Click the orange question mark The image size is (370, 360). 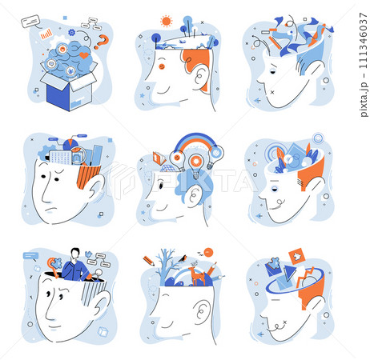103,42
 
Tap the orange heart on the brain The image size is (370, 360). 84,55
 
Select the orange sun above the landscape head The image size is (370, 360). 166,21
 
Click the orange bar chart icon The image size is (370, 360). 46,34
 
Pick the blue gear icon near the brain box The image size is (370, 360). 71,33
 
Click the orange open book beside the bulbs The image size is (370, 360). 159,158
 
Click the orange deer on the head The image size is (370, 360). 197,275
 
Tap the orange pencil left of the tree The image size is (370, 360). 149,261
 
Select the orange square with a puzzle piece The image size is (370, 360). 296,257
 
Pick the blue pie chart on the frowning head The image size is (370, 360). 70,145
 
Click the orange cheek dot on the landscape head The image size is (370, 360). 162,66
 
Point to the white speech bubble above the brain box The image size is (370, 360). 30,22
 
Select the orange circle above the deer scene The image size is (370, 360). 208,252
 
